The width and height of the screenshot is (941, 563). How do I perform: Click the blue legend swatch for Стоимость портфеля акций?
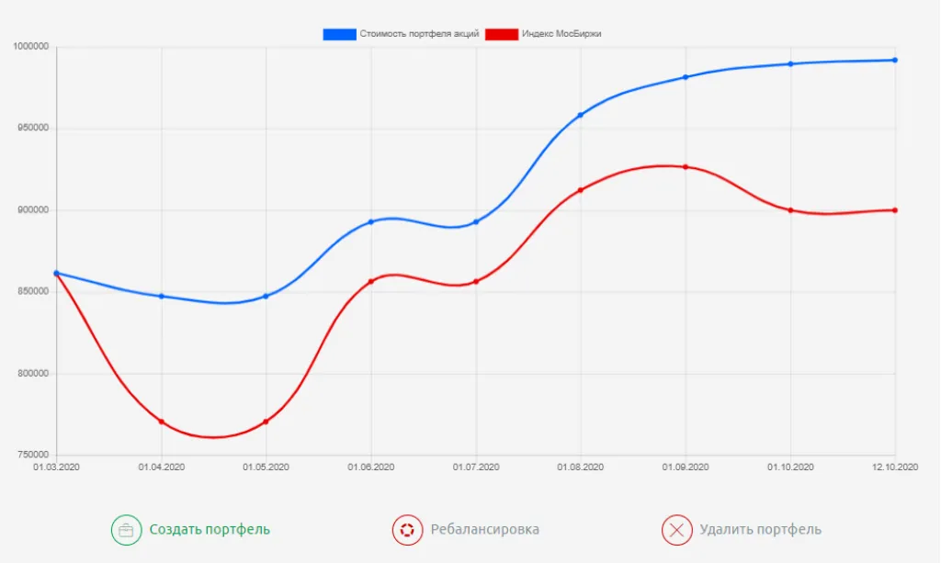tap(339, 34)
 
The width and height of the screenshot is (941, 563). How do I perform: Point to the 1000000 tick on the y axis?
tap(31, 46)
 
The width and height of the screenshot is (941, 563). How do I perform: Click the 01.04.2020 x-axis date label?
tap(162, 467)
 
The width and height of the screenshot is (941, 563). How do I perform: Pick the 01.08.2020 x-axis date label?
tap(581, 467)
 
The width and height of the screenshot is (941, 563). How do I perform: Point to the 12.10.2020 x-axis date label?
tap(894, 467)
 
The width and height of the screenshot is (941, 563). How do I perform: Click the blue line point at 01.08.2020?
tap(581, 115)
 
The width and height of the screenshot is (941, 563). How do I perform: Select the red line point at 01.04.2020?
tap(162, 422)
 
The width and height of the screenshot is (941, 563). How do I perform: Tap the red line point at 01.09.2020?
tap(686, 167)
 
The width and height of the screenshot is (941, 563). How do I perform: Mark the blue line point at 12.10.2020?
tap(895, 61)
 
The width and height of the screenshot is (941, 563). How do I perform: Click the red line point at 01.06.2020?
tap(371, 281)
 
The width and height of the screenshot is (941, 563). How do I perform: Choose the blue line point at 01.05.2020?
tap(266, 296)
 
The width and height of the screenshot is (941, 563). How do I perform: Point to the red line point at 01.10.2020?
tap(790, 210)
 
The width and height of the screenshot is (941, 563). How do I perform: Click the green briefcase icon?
tap(126, 530)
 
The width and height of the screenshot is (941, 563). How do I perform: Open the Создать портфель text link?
tap(210, 530)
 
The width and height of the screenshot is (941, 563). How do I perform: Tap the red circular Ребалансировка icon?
tap(406, 530)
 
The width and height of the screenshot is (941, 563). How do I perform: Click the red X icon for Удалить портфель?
tap(676, 530)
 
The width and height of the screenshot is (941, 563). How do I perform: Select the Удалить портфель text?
tap(760, 530)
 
